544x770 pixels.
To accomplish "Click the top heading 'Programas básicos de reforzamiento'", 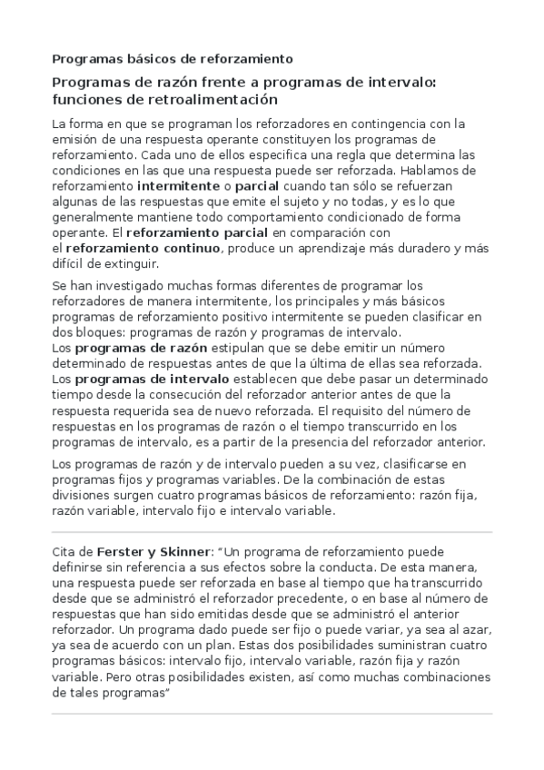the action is click(172, 59).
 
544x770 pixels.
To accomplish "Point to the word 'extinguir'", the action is click(128, 263).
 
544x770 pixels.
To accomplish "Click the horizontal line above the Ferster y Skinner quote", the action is click(272, 532).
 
